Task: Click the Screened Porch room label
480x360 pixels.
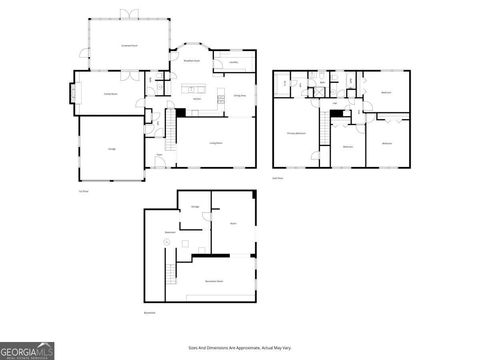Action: tap(129, 46)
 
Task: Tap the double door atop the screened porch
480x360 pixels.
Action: tap(128, 14)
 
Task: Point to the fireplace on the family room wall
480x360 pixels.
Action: tap(71, 95)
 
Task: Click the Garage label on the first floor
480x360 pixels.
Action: tap(111, 148)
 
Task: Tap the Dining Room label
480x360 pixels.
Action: tap(240, 96)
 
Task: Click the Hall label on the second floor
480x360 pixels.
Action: tap(333, 102)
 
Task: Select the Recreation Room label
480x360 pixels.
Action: tap(214, 282)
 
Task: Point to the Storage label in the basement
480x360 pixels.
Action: tap(195, 206)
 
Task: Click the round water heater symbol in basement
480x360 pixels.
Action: tap(165, 242)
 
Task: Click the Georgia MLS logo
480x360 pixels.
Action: tap(27, 351)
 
